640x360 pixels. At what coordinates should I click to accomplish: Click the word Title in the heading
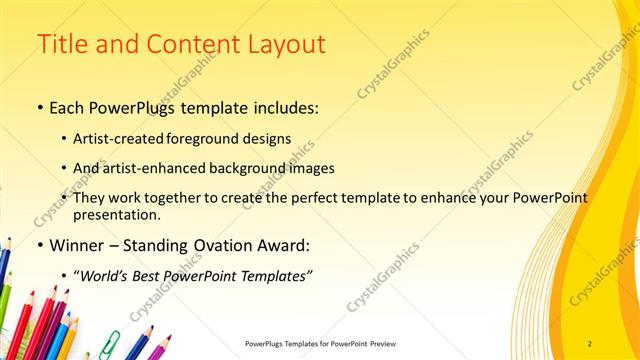pos(62,45)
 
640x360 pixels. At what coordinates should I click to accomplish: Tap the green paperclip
pos(109,342)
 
